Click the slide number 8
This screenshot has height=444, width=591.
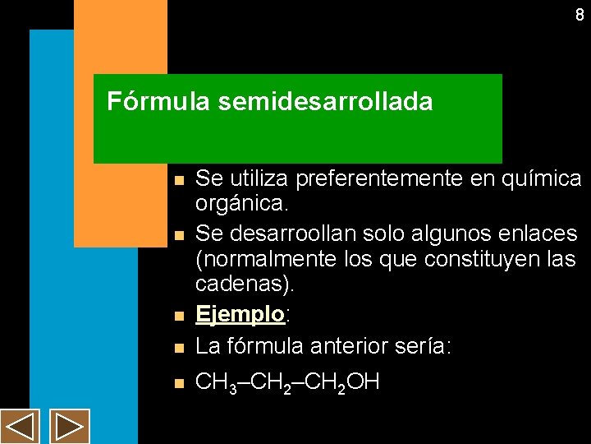580,15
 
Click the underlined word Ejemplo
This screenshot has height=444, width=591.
239,314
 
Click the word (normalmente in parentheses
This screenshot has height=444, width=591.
256,261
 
